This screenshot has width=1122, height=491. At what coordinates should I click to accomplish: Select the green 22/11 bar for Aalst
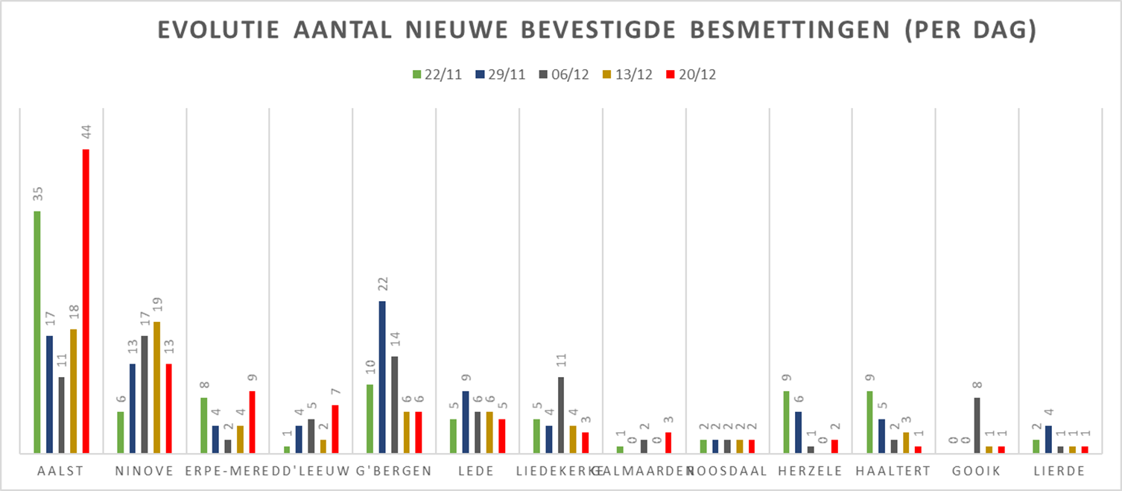click(x=37, y=332)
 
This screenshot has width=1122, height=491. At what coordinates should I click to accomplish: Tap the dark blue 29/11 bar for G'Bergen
click(x=382, y=377)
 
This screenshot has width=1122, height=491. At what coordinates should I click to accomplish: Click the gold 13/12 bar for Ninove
click(x=156, y=387)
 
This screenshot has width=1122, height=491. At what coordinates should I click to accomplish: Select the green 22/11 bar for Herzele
click(x=787, y=422)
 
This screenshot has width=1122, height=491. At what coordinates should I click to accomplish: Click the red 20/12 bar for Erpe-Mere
click(x=253, y=422)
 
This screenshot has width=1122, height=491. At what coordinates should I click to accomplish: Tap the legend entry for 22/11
click(x=436, y=75)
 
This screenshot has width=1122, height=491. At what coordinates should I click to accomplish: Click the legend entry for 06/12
click(x=563, y=75)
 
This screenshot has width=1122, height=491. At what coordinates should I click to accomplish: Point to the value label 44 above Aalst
click(x=86, y=133)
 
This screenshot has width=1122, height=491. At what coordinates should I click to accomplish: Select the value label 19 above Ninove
click(x=156, y=305)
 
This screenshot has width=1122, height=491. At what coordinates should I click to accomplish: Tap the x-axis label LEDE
click(x=478, y=471)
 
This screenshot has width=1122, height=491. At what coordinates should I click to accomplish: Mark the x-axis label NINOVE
click(x=145, y=471)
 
